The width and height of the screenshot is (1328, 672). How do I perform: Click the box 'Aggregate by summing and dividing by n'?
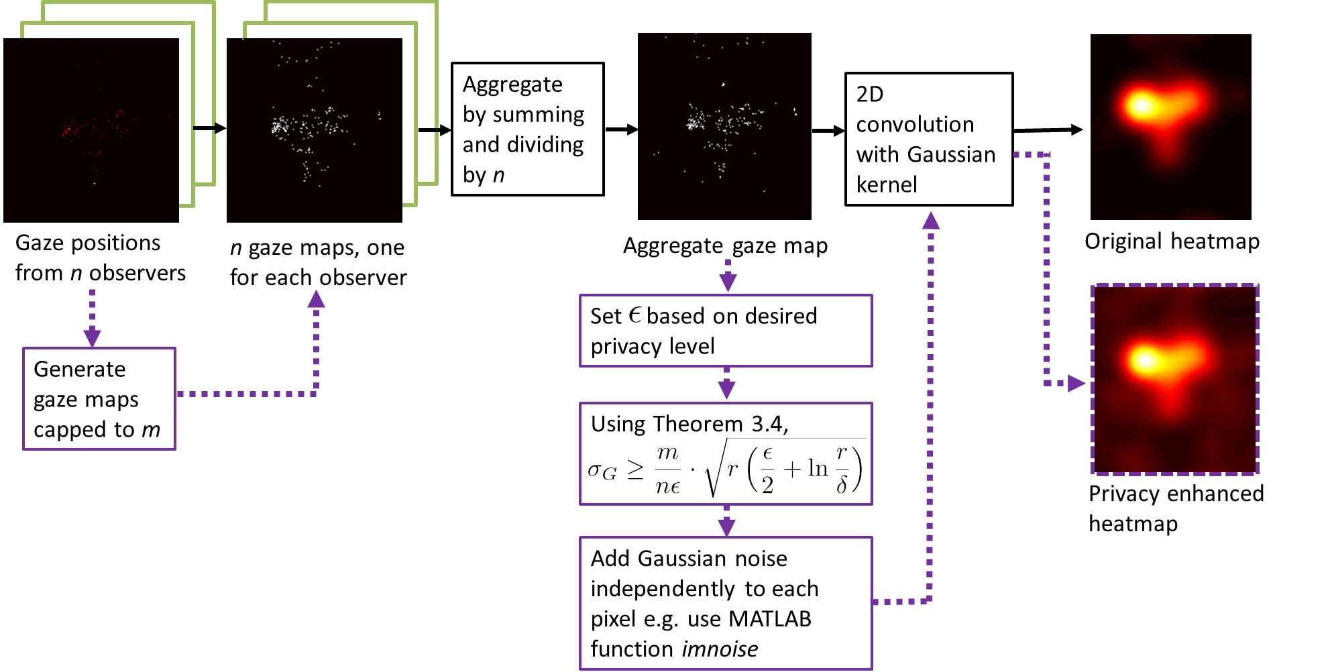coord(527,129)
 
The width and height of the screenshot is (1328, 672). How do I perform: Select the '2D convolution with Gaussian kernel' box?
coord(928,139)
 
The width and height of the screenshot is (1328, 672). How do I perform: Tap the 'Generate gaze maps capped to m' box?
coord(99,398)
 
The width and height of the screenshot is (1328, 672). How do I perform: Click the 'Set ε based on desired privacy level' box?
coord(726,331)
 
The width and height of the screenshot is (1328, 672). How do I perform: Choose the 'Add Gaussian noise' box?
coord(726,602)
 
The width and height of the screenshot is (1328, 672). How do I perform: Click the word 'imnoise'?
coord(720,649)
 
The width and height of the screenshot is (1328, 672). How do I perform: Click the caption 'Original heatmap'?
coord(1172,241)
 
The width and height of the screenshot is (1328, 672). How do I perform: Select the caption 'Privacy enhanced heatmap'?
coord(1175,508)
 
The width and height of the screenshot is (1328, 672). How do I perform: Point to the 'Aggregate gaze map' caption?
coord(725,246)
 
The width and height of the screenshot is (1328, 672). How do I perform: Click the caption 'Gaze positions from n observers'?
coord(100,258)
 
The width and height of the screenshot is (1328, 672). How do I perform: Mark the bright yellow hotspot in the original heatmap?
coord(1140,105)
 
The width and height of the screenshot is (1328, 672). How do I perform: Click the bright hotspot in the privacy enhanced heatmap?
coord(1145,360)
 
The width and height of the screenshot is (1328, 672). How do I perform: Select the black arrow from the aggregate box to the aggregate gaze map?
coord(622,129)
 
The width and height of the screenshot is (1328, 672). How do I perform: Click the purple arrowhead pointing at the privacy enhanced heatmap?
coord(1076,384)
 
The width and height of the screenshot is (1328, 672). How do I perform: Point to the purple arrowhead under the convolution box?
coord(930,221)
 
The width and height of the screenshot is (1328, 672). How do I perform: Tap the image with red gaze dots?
coord(91,130)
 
